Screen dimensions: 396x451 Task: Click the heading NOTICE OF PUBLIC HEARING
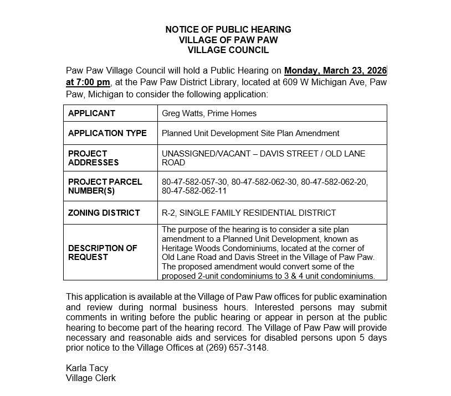(228, 29)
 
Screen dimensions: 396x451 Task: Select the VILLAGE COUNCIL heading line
(228, 50)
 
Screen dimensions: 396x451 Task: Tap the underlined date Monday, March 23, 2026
(335, 71)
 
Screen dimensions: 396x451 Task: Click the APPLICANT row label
(91, 113)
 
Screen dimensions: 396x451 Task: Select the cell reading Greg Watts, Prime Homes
(209, 113)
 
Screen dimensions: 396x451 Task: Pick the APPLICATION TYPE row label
(107, 133)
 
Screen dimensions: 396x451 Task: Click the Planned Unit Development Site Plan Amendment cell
(250, 133)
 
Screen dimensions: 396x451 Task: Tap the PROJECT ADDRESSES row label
(93, 158)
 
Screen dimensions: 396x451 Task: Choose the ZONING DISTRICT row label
(104, 212)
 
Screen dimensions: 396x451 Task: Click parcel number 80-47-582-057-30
(194, 182)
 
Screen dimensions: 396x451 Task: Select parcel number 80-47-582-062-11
(194, 191)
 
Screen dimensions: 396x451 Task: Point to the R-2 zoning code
(168, 212)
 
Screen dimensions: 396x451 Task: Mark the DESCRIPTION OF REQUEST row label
(102, 253)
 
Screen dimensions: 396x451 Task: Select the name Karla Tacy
(87, 368)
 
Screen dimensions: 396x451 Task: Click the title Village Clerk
(90, 378)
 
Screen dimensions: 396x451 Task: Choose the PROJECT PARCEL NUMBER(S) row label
(105, 186)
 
